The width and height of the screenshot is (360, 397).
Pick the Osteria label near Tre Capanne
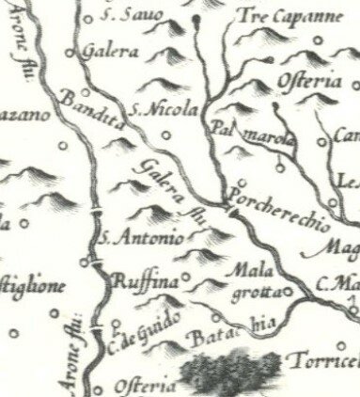[310, 83]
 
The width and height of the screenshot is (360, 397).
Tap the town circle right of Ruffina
[186, 278]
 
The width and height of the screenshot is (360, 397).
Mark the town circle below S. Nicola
[167, 134]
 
